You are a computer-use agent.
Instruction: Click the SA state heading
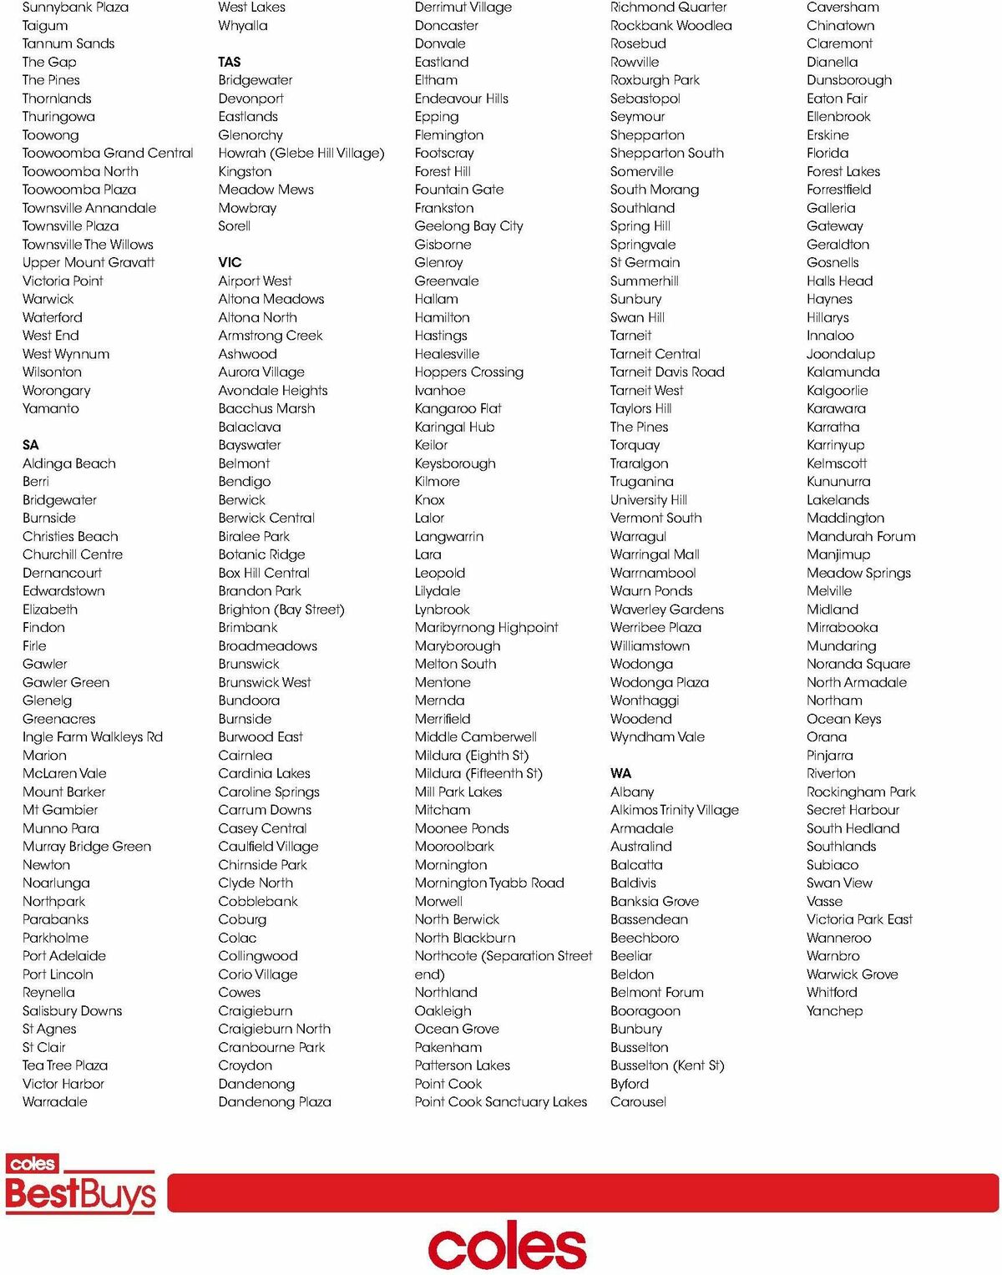coord(31,445)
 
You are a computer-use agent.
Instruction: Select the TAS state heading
coord(230,62)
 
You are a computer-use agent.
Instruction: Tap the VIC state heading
coord(230,262)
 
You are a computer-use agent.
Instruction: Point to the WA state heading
coord(620,773)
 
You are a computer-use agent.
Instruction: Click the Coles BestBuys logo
coord(80,1184)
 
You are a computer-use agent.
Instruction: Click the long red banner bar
coord(582,1192)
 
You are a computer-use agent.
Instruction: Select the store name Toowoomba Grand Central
coord(108,153)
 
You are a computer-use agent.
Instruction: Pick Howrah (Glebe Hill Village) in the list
coord(301,153)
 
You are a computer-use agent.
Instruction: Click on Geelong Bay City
coord(468,226)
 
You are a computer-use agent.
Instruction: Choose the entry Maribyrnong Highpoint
coord(486,627)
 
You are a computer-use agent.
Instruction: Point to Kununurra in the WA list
coord(838,482)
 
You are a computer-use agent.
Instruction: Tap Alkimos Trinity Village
coord(674,810)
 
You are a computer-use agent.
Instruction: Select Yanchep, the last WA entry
coord(834,1010)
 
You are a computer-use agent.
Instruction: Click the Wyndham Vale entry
coord(657,736)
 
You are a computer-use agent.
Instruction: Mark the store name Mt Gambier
coord(60,810)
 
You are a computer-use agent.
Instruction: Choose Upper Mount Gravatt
coord(89,262)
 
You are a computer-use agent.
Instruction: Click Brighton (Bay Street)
coord(281,610)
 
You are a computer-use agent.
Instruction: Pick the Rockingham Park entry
coord(861,792)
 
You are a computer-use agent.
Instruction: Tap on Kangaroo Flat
coord(458,408)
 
